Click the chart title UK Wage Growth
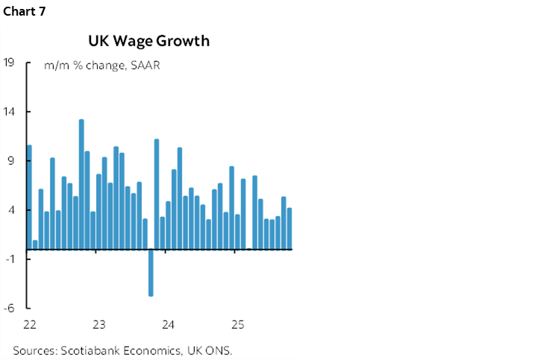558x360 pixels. (x=149, y=41)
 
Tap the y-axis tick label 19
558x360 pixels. (x=10, y=63)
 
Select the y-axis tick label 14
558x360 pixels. (x=10, y=112)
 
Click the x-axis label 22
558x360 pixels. (x=30, y=324)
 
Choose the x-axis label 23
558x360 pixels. (x=99, y=324)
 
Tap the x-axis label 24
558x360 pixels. (x=169, y=324)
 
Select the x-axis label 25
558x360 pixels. (x=237, y=324)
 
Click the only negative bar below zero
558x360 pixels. (x=151, y=272)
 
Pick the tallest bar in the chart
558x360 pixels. (x=81, y=184)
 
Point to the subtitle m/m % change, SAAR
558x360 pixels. (x=102, y=65)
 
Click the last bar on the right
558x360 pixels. (x=289, y=228)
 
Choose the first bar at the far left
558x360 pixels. (x=29, y=197)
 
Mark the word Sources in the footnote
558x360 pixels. (x=33, y=349)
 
